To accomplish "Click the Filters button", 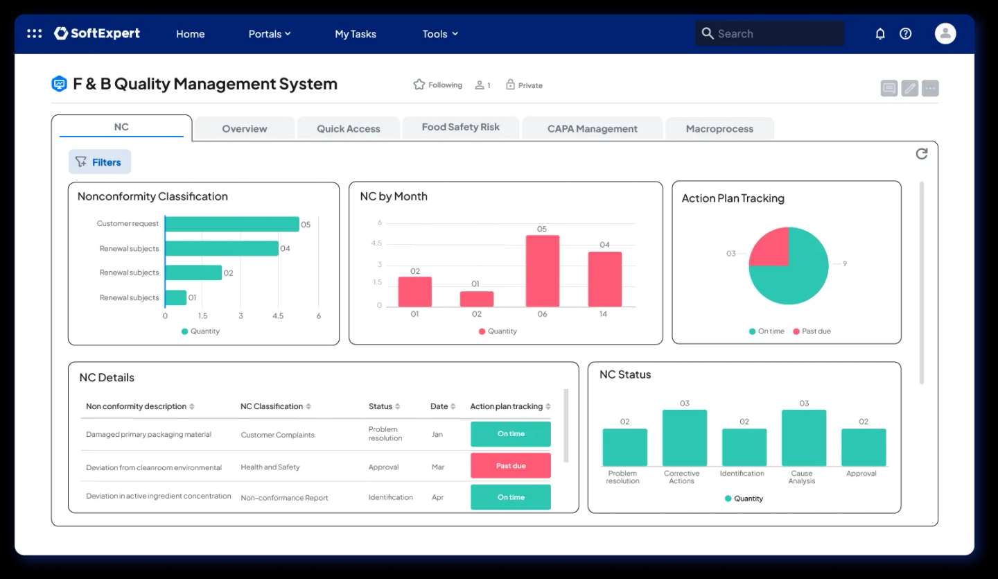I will point(99,162).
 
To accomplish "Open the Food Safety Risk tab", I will point(460,128).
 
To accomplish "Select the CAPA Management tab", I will point(592,129).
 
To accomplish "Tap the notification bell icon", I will point(880,33).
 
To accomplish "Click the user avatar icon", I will point(945,33).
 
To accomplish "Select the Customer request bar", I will point(232,224).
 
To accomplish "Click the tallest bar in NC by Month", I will point(542,271).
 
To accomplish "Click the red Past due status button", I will point(511,466).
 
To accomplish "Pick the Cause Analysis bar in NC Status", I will point(804,438).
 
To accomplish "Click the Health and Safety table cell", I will point(270,467).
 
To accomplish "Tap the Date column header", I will point(439,406).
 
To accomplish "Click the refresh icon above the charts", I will point(921,154).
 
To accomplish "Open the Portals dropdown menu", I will point(269,34).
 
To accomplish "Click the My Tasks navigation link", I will point(356,34).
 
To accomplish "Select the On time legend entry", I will point(767,331).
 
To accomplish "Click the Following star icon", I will point(419,85).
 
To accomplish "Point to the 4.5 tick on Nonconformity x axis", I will point(278,316).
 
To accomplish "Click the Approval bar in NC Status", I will point(864,447).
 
